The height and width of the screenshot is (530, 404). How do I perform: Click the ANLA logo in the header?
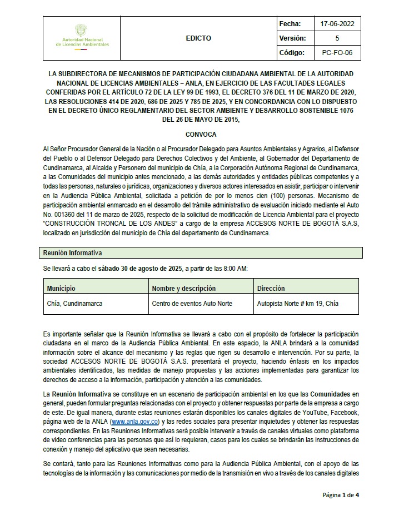(82, 37)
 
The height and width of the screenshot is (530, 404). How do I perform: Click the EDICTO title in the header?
(198, 38)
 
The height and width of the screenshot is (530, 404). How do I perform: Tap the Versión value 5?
(337, 38)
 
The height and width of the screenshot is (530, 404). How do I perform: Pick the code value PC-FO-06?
(337, 53)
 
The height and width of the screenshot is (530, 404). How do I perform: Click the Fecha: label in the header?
(291, 24)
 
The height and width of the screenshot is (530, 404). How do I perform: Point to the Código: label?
(292, 53)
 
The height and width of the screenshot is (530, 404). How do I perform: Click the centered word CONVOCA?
(201, 135)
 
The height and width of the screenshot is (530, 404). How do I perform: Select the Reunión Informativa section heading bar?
(202, 253)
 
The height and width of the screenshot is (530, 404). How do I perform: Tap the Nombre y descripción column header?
(183, 289)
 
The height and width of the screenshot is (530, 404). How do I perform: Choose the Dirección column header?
(271, 289)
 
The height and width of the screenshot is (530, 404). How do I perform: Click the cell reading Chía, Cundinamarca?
(74, 304)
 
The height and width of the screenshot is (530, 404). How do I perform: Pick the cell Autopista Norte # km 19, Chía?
(297, 304)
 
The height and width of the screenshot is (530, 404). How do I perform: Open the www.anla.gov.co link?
(136, 422)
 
